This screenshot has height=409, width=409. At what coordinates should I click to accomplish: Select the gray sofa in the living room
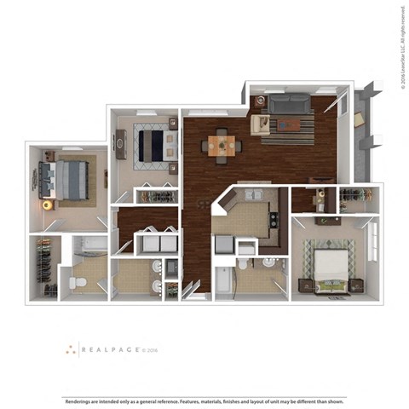[x=290, y=105]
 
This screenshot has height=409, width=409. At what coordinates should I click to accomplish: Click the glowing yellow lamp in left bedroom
[x=48, y=204]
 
